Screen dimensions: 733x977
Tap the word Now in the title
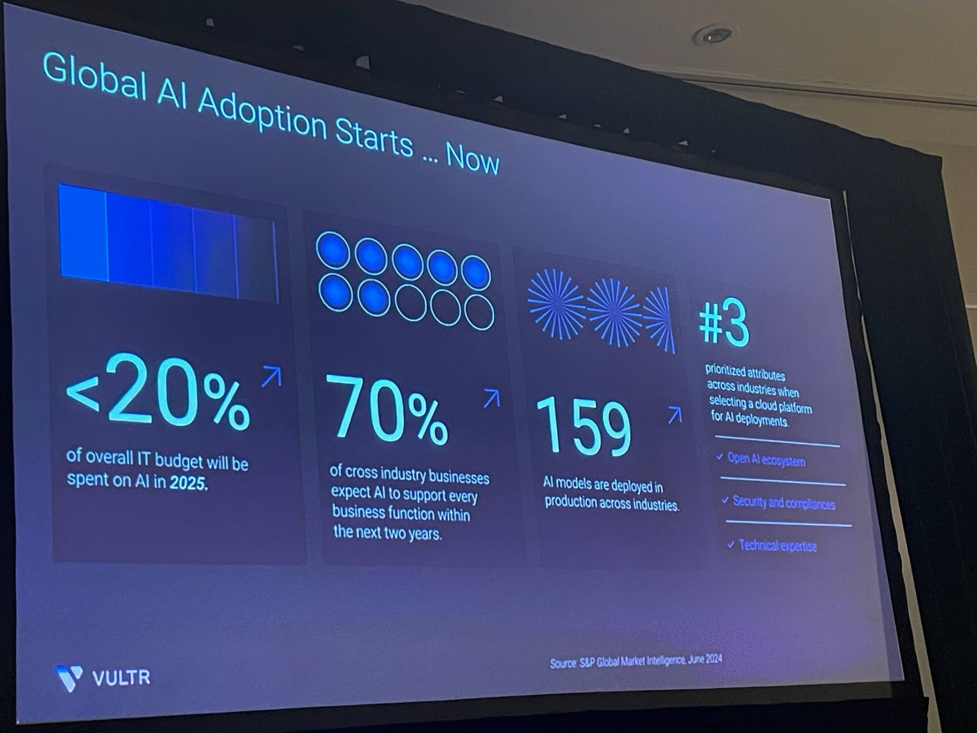[x=472, y=159]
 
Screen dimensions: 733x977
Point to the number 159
[x=584, y=427]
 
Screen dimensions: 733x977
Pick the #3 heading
[x=724, y=323]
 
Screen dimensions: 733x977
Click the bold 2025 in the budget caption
[x=188, y=483]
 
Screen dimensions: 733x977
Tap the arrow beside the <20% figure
[x=271, y=377]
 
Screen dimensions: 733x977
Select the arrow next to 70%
[x=492, y=398]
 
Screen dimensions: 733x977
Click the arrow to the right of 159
[x=675, y=415]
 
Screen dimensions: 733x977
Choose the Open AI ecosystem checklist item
[x=766, y=460]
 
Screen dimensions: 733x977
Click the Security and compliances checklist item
[x=784, y=503]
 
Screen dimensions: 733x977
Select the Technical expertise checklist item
[x=777, y=546]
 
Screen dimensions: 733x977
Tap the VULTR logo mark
[x=69, y=678]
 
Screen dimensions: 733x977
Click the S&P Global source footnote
[x=636, y=661]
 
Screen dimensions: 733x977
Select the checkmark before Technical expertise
[x=731, y=545]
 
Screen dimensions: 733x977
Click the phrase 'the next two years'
[x=387, y=532]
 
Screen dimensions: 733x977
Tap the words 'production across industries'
[x=612, y=503]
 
